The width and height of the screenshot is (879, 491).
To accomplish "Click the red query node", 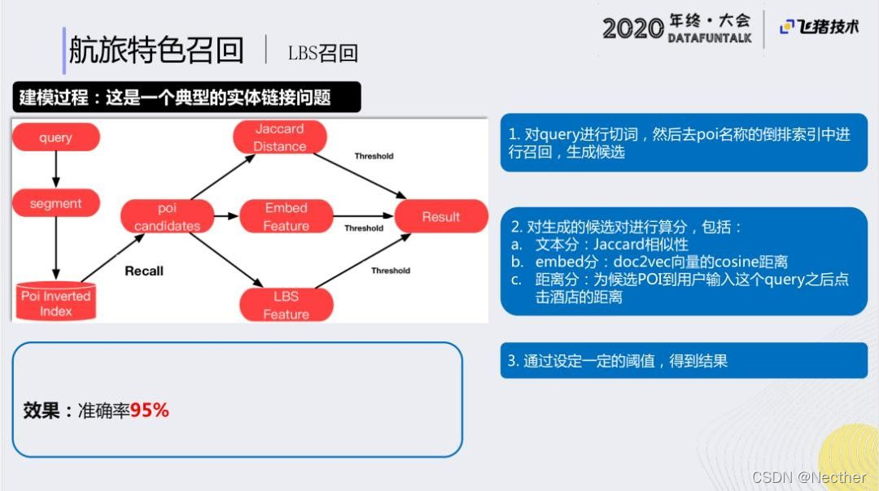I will click(x=55, y=137).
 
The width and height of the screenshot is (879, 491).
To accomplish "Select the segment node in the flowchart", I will click(x=55, y=203).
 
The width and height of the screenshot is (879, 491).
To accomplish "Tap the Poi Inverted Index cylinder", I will click(x=55, y=302).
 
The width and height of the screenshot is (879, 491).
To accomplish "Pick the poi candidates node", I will click(x=167, y=217).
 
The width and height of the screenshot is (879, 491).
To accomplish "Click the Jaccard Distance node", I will click(x=279, y=137).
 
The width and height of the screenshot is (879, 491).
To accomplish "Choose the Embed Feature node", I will click(x=286, y=217).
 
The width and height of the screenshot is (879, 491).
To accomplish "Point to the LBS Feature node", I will click(x=286, y=305).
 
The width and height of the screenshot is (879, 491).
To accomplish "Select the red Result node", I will click(x=440, y=217).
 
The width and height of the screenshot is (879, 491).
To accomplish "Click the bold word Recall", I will click(x=144, y=271).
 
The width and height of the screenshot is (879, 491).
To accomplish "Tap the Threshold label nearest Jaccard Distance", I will click(x=374, y=156).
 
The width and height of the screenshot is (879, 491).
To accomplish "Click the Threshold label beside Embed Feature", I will click(x=363, y=228).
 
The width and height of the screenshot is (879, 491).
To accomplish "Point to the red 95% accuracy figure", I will click(x=150, y=411).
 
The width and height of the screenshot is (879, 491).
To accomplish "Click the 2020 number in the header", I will click(x=632, y=28).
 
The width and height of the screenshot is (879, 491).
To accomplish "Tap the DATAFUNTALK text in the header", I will click(x=709, y=38).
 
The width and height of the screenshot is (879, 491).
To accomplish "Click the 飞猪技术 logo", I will click(x=819, y=27).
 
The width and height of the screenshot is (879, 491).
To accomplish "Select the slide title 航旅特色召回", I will click(x=156, y=50).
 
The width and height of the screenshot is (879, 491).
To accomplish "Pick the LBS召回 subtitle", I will click(x=322, y=53).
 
